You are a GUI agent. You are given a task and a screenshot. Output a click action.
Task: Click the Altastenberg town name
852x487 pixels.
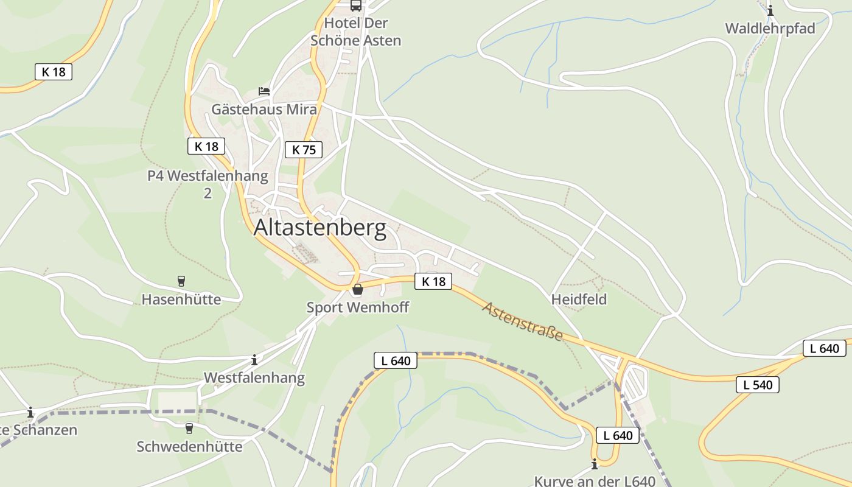tap(319, 228)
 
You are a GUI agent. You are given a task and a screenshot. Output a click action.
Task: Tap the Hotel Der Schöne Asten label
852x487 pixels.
tap(356, 32)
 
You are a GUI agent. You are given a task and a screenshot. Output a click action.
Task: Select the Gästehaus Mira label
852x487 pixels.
tap(264, 110)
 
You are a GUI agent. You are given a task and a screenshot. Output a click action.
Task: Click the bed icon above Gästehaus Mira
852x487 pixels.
tap(264, 91)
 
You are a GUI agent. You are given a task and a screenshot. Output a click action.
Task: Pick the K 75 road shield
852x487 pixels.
tap(304, 149)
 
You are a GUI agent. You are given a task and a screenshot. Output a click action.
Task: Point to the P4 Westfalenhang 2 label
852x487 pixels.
tap(208, 184)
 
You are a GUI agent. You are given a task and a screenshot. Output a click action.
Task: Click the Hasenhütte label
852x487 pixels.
tap(181, 300)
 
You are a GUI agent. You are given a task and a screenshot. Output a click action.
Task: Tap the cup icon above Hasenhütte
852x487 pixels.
tap(181, 281)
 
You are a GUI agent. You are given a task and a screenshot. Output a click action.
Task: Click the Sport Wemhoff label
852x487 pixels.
tap(357, 307)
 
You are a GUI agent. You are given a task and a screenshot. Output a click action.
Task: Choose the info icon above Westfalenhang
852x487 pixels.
tap(254, 360)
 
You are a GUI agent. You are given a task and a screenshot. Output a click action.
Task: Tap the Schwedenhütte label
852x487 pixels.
tap(189, 446)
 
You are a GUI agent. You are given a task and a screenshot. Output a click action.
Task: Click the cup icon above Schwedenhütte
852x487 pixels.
tap(189, 429)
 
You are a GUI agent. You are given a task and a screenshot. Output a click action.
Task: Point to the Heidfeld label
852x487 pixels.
tap(579, 300)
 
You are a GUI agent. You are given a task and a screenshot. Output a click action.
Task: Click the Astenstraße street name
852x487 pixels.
tap(523, 321)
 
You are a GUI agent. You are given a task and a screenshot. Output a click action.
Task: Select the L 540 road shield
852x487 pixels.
tap(757, 385)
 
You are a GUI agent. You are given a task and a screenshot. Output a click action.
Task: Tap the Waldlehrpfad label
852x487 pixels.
tap(770, 29)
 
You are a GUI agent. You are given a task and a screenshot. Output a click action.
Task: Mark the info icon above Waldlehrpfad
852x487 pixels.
tap(770, 10)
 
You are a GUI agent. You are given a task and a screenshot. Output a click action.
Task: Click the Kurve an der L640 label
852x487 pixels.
tap(595, 481)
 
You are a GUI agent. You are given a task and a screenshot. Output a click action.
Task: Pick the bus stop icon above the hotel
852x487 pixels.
tap(356, 5)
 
